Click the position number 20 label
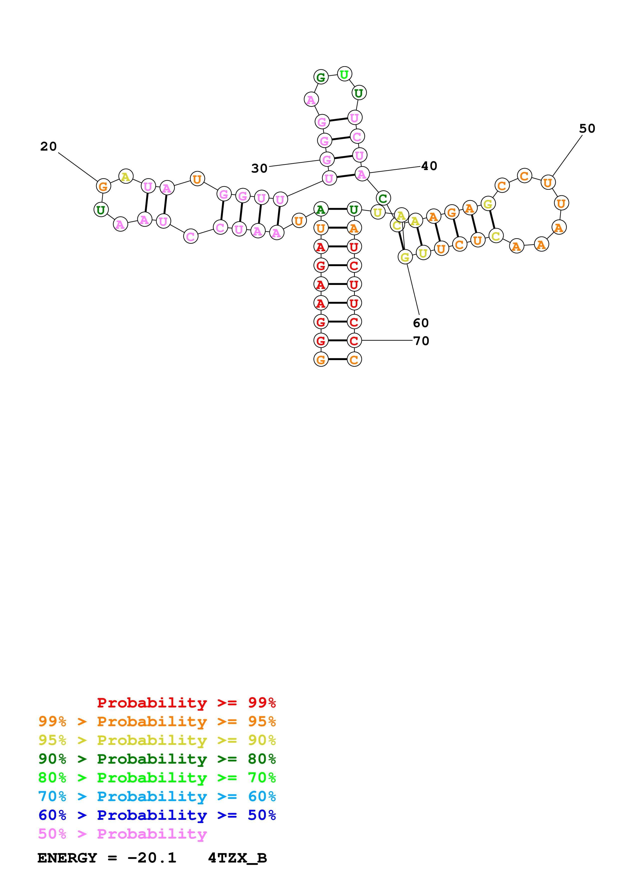click(48, 147)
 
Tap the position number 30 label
click(259, 168)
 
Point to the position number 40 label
click(429, 166)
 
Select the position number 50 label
click(587, 129)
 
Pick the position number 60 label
click(421, 323)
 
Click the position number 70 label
click(421, 341)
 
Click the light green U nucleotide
click(344, 74)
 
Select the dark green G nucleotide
click(321, 77)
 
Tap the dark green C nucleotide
click(383, 198)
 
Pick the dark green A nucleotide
click(321, 210)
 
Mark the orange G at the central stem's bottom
click(321, 359)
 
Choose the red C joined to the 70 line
click(354, 341)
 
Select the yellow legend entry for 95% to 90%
click(157, 740)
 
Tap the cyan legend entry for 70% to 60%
click(157, 796)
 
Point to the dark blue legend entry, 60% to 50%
click(157, 815)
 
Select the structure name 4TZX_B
click(237, 858)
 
